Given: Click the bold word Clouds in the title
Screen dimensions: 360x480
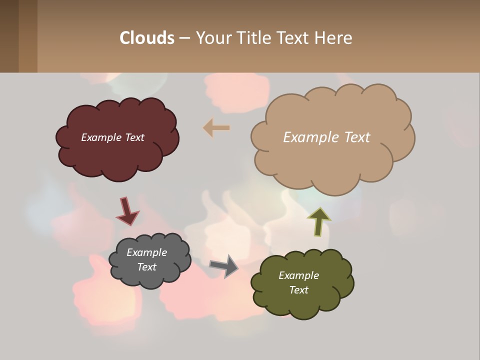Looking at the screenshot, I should (x=146, y=38).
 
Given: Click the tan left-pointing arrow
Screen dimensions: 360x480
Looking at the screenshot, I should (x=216, y=128).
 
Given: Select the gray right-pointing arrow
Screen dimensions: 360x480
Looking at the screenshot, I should (x=224, y=266).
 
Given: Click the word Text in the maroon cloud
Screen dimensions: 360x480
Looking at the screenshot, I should (x=134, y=137).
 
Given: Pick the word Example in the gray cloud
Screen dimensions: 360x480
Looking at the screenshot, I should (x=146, y=252).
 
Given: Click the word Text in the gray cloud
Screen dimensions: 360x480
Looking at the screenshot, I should (x=146, y=267).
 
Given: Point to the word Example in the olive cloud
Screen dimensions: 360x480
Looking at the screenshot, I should (x=298, y=275).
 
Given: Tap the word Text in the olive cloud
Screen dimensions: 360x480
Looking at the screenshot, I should (x=298, y=290).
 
